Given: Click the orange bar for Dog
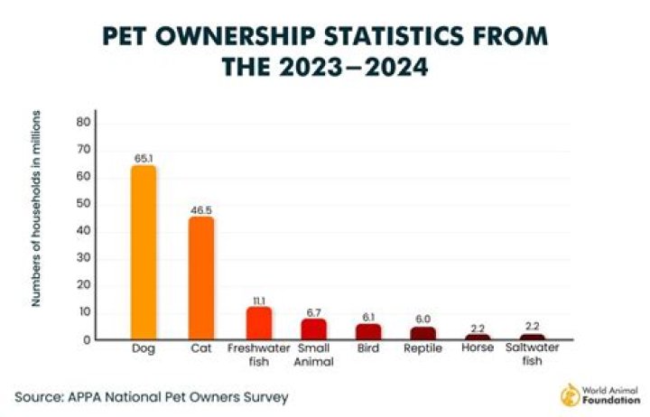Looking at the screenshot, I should [x=144, y=253].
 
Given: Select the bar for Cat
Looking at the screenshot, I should [x=201, y=278].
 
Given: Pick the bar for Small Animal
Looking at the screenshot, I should [x=314, y=329].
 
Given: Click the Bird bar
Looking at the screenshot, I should [x=368, y=331].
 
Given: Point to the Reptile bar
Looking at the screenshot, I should [x=422, y=332].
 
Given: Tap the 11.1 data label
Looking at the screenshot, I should [x=258, y=299].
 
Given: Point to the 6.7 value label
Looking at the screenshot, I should [x=314, y=310].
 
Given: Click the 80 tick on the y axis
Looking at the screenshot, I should [x=83, y=121].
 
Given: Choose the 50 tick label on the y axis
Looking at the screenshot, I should [x=83, y=203].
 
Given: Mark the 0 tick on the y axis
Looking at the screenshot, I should [x=87, y=339].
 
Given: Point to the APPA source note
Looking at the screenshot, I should [x=152, y=396].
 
